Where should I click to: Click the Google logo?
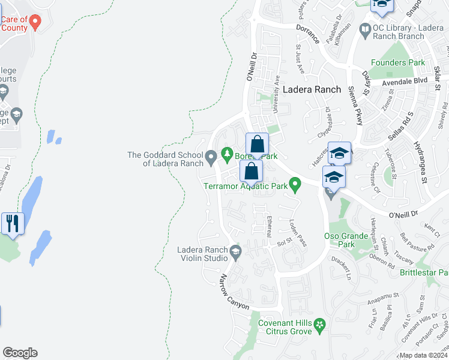pos(20,353)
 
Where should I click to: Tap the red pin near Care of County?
pos(35,23)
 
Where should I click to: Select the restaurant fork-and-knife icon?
pos(13,223)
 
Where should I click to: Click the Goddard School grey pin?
pos(211,158)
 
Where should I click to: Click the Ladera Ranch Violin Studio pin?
pos(235,251)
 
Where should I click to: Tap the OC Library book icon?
pos(364,29)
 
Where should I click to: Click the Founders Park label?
pos(397,62)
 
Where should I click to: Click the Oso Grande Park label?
pos(346,240)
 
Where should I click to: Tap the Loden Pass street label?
pos(298,233)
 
